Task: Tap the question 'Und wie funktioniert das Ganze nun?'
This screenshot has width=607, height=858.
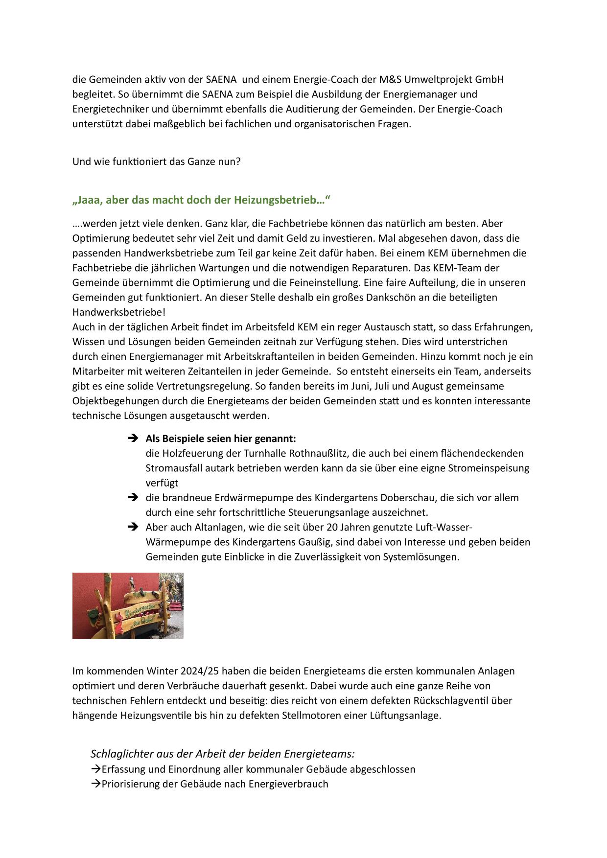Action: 157,162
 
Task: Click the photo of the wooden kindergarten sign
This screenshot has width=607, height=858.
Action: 128,606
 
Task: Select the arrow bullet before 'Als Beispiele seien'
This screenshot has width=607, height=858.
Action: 133,439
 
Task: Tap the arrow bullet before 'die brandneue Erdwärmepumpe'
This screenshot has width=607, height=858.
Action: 133,498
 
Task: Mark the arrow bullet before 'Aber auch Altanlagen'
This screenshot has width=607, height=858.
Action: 133,528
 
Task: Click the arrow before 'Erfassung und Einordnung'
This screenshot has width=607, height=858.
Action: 95,769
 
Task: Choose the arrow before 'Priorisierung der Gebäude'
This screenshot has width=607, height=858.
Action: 95,784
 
